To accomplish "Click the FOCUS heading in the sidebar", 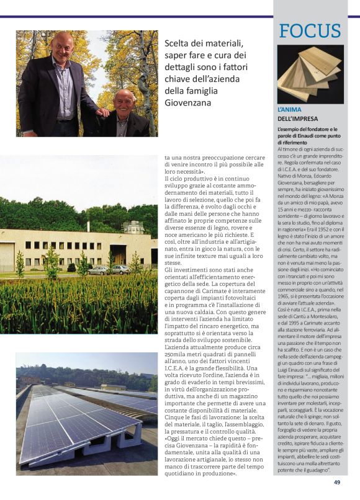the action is (x=310, y=31).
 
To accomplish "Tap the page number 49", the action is (x=337, y=482).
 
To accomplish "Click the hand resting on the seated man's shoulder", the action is (x=104, y=112).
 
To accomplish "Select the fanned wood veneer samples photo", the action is (x=310, y=74).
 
